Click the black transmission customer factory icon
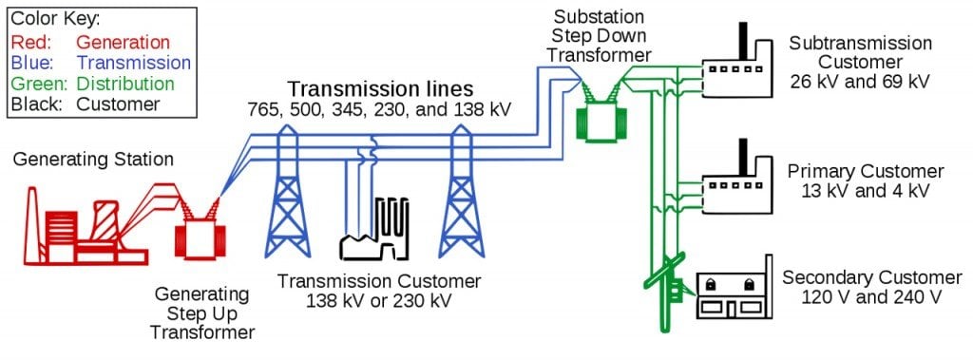(375, 233)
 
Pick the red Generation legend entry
(90, 42)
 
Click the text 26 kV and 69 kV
(860, 82)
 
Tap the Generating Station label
(93, 160)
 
